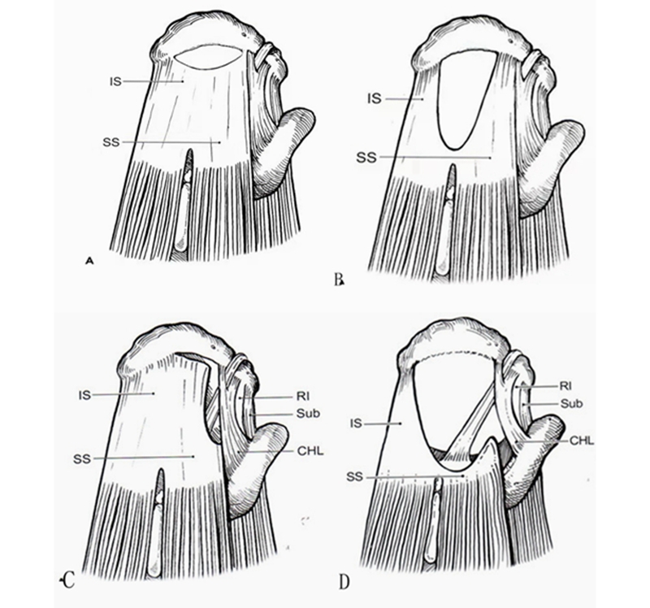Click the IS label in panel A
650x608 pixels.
coord(115,81)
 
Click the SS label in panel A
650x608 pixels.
coord(111,143)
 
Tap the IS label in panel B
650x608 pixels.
coord(375,99)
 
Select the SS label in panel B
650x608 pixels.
coord(366,158)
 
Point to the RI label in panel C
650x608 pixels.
coord(302,397)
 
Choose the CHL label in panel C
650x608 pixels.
coord(310,451)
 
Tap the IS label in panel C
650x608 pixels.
coord(84,395)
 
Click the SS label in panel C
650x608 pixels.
coord(82,459)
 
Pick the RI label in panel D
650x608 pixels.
coord(565,386)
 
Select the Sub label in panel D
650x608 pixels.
coord(572,403)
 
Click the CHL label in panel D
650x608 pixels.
coord(582,441)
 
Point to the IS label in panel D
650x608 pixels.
coord(356,423)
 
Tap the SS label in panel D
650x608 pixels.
coord(354,477)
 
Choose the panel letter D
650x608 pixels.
coord(344,582)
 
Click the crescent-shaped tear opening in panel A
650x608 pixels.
coord(207,56)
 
